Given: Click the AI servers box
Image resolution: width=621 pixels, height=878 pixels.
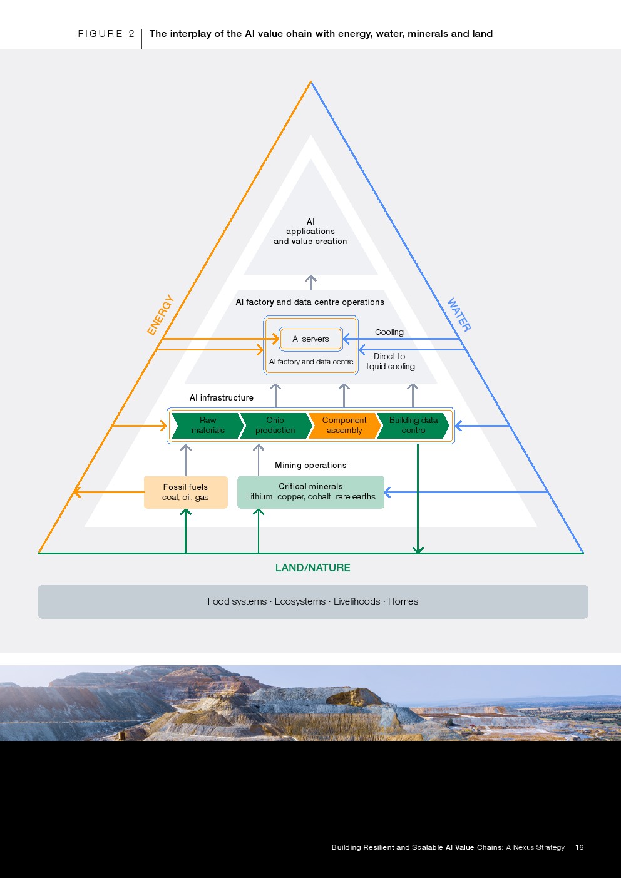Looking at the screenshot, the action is click(310, 339).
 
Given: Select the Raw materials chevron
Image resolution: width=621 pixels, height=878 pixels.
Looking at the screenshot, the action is click(208, 426).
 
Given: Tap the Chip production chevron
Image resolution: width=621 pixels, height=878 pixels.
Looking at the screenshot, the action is click(276, 426).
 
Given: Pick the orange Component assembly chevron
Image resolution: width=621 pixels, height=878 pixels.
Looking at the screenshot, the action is click(344, 426).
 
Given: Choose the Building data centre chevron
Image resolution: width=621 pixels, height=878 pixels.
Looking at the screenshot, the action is click(413, 426).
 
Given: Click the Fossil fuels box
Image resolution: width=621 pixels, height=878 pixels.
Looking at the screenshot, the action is click(185, 493).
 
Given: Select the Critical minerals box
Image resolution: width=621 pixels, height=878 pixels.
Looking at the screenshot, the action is click(310, 493).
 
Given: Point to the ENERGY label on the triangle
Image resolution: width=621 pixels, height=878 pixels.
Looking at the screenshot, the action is click(160, 315).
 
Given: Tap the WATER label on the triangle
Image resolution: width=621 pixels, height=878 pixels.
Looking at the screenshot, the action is click(459, 314).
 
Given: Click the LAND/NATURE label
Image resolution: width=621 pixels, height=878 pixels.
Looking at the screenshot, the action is click(312, 568).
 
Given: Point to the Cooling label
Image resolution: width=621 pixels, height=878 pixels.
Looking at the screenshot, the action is click(389, 332).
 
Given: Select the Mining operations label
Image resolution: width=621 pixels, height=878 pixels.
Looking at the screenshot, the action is click(310, 465).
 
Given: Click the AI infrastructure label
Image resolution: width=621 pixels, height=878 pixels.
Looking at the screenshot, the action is click(221, 397).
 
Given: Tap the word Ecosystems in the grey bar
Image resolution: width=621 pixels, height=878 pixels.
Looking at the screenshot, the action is click(300, 601).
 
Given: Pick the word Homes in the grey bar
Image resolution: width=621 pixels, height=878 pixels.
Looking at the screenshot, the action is click(403, 601).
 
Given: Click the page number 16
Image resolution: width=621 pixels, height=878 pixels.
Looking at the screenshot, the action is click(580, 847).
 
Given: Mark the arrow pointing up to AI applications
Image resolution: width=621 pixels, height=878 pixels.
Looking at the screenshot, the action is click(311, 283).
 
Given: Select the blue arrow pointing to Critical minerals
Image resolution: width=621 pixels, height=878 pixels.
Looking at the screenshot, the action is click(466, 492).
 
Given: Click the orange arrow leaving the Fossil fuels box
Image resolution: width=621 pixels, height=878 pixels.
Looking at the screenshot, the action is click(108, 492).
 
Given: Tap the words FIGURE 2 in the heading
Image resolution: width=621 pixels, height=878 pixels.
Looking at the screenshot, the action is click(106, 34).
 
